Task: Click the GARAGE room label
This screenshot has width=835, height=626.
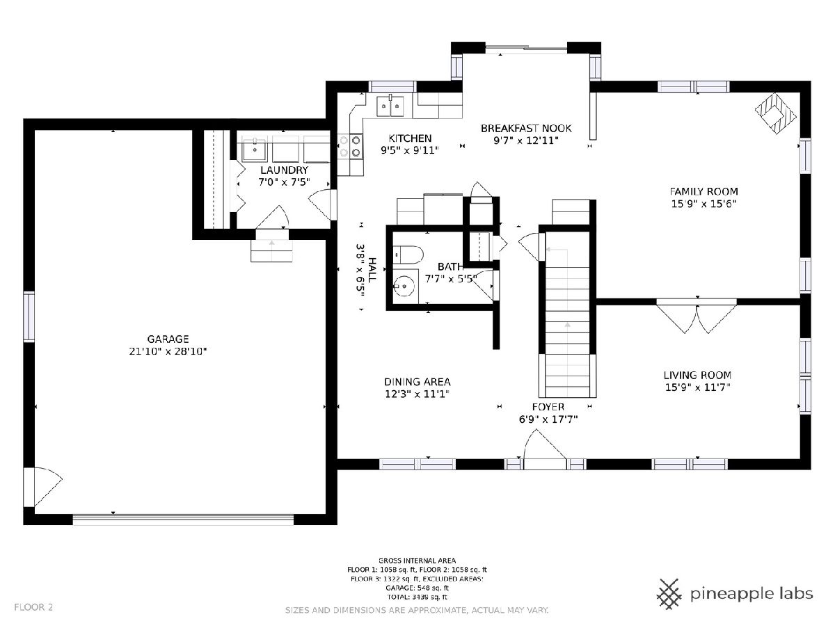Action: click(x=168, y=339)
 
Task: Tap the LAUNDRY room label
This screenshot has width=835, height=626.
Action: click(x=284, y=170)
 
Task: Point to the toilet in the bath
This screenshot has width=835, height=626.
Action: click(x=408, y=255)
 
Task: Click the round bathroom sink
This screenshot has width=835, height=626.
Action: click(x=405, y=286)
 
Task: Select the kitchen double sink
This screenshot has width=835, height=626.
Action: click(x=390, y=105)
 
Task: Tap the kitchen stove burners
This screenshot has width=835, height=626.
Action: click(x=350, y=147)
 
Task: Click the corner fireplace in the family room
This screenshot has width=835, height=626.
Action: click(x=776, y=113)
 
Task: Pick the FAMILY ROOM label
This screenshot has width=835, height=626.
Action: click(x=703, y=191)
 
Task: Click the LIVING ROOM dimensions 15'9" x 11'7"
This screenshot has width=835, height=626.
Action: click(x=698, y=387)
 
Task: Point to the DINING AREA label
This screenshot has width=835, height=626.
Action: click(x=417, y=382)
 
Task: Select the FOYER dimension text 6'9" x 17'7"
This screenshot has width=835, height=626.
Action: click(x=548, y=419)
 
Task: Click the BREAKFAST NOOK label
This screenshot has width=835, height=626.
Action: click(x=526, y=129)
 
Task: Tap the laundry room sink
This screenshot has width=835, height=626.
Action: click(x=255, y=150)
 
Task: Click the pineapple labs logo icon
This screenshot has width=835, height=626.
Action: click(x=669, y=594)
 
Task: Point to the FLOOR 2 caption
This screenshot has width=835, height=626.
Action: click(x=33, y=607)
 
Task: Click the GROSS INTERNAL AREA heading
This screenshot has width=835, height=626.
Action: click(x=417, y=560)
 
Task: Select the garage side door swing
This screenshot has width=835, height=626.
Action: click(x=48, y=486)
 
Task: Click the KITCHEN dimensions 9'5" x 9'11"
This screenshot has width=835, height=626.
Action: click(x=410, y=150)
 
